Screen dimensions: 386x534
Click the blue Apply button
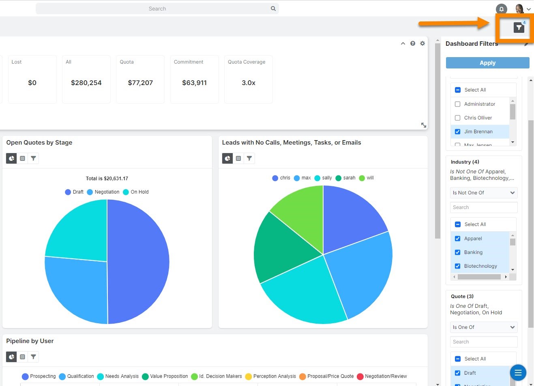487,63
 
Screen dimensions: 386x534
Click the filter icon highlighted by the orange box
519,27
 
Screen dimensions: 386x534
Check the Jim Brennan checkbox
457,132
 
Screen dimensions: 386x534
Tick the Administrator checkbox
457,104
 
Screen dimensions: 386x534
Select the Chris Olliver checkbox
457,118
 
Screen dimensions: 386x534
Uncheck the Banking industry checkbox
457,252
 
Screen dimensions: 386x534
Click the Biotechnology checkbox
457,266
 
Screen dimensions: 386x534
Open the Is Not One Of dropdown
483,193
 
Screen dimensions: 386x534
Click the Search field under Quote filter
483,342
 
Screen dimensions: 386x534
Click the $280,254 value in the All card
86,83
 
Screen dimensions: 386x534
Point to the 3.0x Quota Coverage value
248,83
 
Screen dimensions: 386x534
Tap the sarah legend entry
345,178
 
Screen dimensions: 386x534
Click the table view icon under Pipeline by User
22,357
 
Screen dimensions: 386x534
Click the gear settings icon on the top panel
422,43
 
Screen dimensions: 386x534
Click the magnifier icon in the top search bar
273,9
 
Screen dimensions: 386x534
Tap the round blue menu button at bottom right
518,373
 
